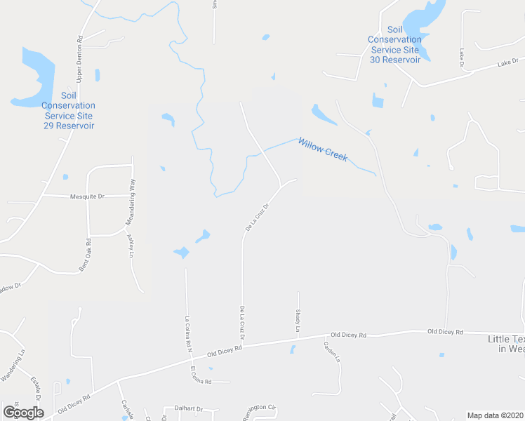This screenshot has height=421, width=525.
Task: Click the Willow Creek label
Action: point(323,149)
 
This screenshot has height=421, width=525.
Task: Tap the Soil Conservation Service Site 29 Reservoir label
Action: point(69,111)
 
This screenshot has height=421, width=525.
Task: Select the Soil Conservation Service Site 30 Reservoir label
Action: point(395,45)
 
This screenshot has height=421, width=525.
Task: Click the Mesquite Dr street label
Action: point(87,196)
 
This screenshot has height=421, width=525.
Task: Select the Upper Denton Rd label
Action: point(79,58)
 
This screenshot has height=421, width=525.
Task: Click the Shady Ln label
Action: point(298,320)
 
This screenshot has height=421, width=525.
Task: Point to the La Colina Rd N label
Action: point(188,331)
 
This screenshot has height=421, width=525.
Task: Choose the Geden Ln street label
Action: point(332,351)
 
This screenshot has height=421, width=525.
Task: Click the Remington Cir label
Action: point(260,408)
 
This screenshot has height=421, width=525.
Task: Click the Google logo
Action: point(23,413)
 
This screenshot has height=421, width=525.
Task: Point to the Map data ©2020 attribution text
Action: point(495,415)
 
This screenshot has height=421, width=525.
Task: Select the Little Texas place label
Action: point(506,344)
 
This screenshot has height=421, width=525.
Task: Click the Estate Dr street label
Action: point(36,388)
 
